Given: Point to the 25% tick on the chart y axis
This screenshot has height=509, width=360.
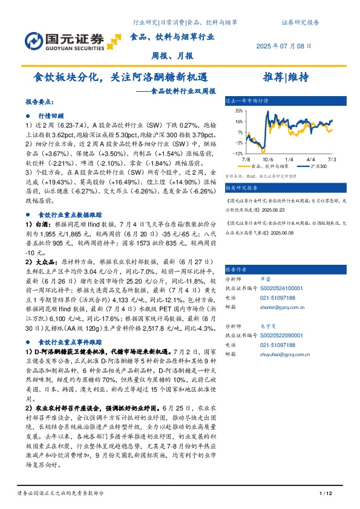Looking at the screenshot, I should point(240,111).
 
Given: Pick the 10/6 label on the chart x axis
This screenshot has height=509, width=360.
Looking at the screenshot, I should point(269,158).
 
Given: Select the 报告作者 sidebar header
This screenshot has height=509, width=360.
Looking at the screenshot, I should point(235,270).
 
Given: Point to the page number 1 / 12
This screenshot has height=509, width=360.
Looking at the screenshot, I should point(326,494).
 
